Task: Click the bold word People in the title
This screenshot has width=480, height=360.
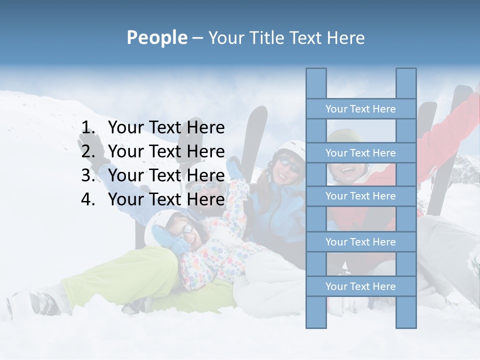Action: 156,37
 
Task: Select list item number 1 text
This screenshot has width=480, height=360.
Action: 166,127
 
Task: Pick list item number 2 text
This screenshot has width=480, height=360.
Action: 166,151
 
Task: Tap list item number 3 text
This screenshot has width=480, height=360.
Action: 166,175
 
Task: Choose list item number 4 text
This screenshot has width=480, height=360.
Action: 166,199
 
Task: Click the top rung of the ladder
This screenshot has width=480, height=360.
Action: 360,109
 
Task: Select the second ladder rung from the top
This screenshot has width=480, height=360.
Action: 360,153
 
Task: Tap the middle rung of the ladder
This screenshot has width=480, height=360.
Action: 360,196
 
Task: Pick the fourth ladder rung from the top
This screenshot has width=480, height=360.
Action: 360,242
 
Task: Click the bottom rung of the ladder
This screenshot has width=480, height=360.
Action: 360,286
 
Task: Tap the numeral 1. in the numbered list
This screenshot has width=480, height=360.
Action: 88,127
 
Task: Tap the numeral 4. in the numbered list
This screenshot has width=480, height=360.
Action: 88,199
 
